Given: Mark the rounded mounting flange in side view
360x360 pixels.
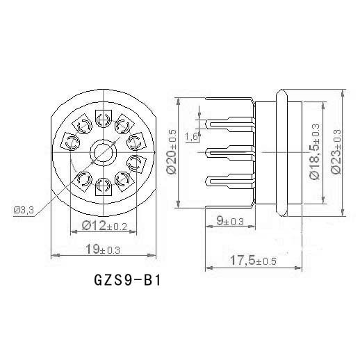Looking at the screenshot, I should coord(281,152).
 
